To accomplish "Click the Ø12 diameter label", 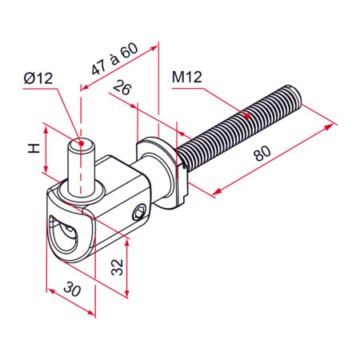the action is [38, 78].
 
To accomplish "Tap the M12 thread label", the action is [187, 77].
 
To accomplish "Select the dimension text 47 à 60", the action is [115, 58].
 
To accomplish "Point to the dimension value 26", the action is [122, 89].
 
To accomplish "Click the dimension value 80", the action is [262, 154].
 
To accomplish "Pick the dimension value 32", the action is [118, 267].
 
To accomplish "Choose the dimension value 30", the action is [72, 289].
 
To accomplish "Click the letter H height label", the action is [34, 148].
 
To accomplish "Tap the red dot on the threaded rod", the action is [247, 116].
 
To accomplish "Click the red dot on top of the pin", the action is [82, 143].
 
